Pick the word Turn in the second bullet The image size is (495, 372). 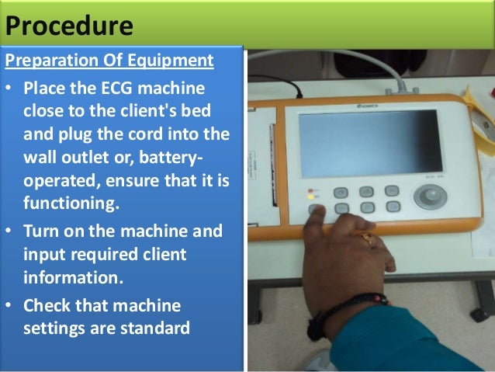[42, 231]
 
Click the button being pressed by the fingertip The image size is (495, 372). [316, 209]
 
